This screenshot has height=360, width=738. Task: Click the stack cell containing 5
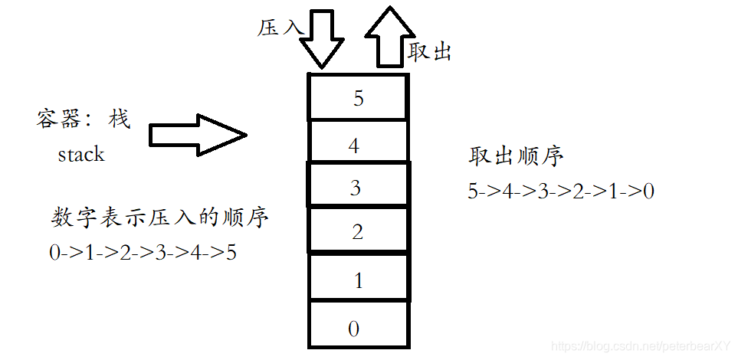[357, 97]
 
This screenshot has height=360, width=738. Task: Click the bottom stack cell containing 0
[357, 328]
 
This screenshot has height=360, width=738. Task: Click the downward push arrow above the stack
[320, 39]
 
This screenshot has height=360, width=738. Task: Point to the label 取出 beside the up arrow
[429, 52]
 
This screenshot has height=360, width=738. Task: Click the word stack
[80, 154]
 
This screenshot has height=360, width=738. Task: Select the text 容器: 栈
[84, 119]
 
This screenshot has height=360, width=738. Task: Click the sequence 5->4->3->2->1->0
[561, 191]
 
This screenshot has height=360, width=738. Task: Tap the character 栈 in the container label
[119, 119]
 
